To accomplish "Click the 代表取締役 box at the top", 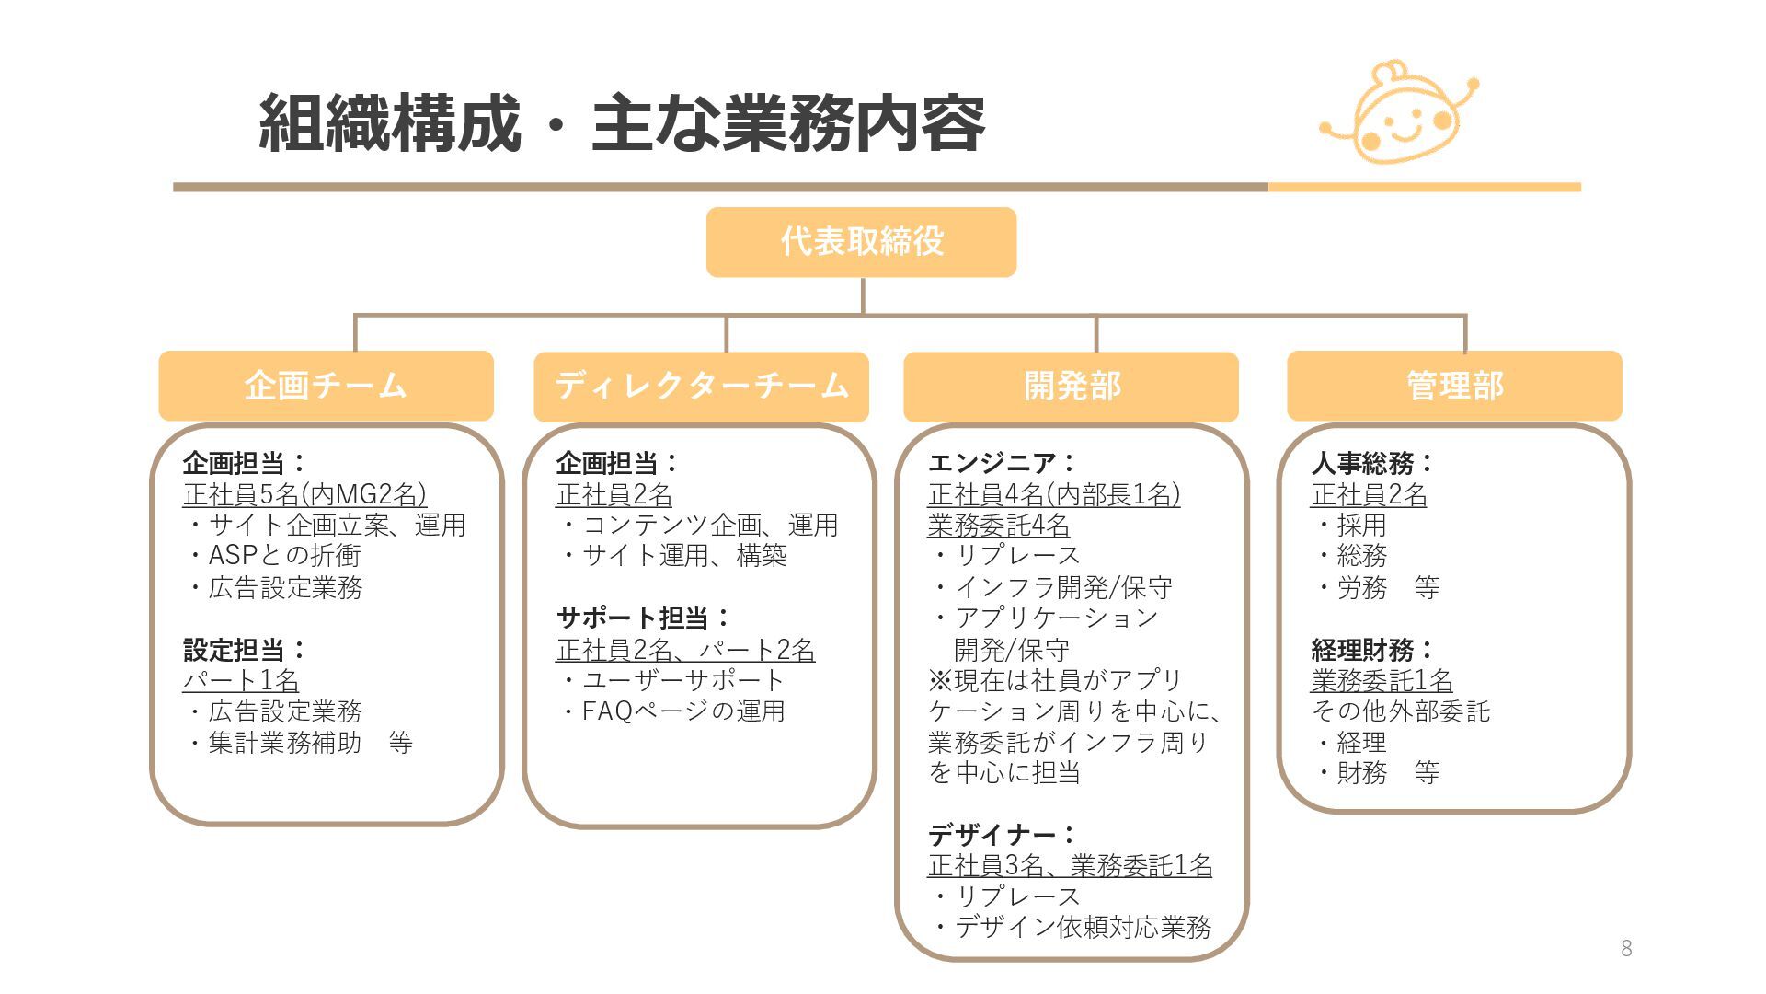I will (861, 242).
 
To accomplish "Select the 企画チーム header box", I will (326, 386).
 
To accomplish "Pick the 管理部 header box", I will (1453, 386).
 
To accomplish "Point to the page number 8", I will (1626, 949).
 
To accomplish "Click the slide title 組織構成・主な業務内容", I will (622, 123).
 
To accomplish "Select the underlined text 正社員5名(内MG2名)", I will (304, 495).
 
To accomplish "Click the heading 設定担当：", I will (245, 650).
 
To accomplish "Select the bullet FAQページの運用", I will (682, 711).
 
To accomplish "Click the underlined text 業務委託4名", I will (998, 526).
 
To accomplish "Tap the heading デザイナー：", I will (1002, 835).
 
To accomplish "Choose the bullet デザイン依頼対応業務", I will (1082, 927).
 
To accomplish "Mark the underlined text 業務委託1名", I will (1382, 681).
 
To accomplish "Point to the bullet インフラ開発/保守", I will (1062, 587).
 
